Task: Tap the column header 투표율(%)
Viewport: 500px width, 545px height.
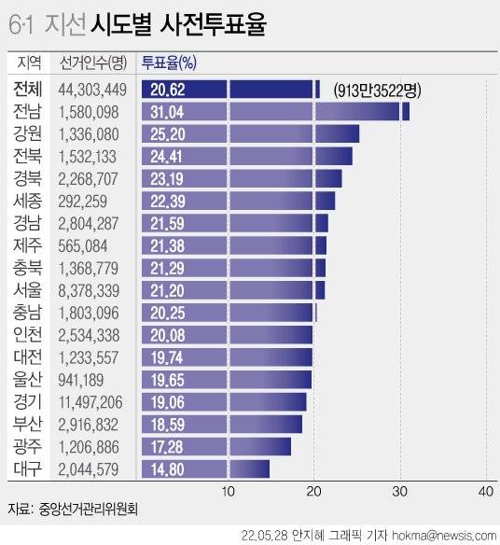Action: (x=168, y=63)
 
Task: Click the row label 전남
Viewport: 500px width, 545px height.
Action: (x=27, y=112)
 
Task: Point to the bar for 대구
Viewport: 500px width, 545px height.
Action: (x=205, y=468)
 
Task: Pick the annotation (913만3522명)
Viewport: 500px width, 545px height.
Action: (x=377, y=90)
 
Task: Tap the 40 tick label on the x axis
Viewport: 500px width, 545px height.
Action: (x=485, y=492)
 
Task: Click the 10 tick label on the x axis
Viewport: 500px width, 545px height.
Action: (x=228, y=492)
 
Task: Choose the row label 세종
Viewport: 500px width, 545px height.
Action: (x=27, y=201)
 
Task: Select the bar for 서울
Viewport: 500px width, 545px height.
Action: (x=233, y=290)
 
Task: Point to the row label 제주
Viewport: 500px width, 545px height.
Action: (x=27, y=245)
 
